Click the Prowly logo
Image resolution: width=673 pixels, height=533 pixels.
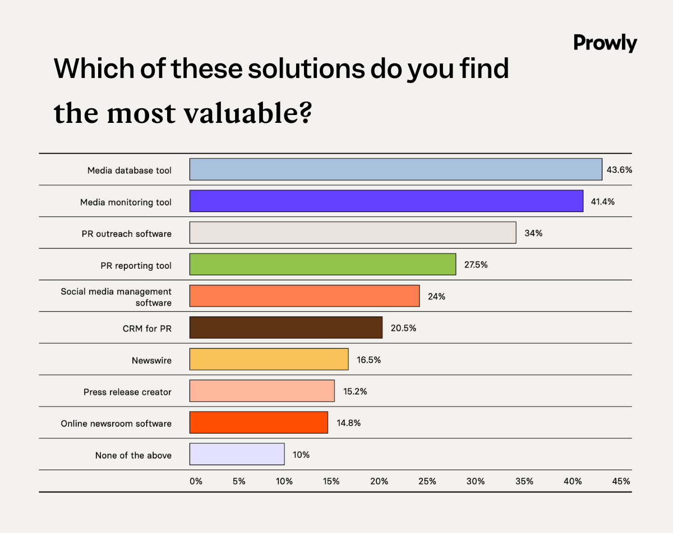(x=605, y=43)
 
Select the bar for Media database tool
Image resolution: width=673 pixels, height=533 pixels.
(x=395, y=169)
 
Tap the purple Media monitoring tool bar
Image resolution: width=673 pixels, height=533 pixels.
(x=386, y=201)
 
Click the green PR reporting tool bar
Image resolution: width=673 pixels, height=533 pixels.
(x=322, y=264)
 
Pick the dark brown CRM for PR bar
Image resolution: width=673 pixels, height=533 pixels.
(x=285, y=328)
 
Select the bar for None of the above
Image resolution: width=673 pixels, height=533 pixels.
(x=237, y=454)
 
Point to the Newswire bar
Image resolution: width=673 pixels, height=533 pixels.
(x=269, y=360)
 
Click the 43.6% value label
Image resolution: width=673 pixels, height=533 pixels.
(x=619, y=169)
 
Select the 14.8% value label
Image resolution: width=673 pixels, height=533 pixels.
(x=348, y=423)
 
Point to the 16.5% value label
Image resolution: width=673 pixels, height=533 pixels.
(x=368, y=360)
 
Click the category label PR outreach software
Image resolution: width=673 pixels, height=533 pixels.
(x=126, y=233)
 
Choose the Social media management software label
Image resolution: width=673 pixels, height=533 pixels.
(x=116, y=297)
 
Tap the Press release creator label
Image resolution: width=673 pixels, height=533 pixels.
(x=127, y=392)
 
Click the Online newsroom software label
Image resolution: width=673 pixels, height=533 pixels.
(x=116, y=424)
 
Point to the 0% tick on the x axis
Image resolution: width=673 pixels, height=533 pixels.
(x=196, y=481)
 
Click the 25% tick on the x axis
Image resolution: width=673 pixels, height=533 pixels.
(x=427, y=481)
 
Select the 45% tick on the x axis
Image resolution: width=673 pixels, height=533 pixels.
(x=621, y=481)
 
